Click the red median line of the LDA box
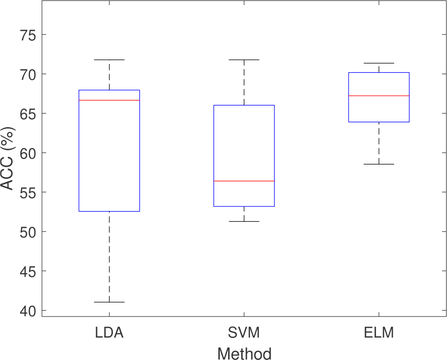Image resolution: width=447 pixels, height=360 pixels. (x=109, y=100)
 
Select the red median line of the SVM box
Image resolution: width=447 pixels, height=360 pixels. (x=244, y=181)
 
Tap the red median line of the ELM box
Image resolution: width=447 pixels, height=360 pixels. (x=379, y=96)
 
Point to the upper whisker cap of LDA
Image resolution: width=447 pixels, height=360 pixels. (x=109, y=60)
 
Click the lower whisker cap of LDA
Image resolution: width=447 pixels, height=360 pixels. (x=109, y=302)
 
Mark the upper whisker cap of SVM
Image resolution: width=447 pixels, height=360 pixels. (x=244, y=60)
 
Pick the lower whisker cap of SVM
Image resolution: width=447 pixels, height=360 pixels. (x=244, y=221)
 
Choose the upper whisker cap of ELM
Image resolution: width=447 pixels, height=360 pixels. (x=379, y=63)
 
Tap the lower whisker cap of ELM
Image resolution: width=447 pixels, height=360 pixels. (x=379, y=164)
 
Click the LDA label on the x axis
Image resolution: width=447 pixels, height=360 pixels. (x=109, y=333)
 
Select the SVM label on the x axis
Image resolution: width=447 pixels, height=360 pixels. (x=244, y=333)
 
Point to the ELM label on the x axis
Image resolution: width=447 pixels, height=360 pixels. (x=379, y=333)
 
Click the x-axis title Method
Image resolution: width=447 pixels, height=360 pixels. (x=244, y=353)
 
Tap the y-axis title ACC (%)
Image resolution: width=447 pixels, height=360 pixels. (x=7, y=159)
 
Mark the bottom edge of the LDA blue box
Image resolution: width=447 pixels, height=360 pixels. (x=109, y=212)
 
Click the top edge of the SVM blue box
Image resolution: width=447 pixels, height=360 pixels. (x=244, y=106)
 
